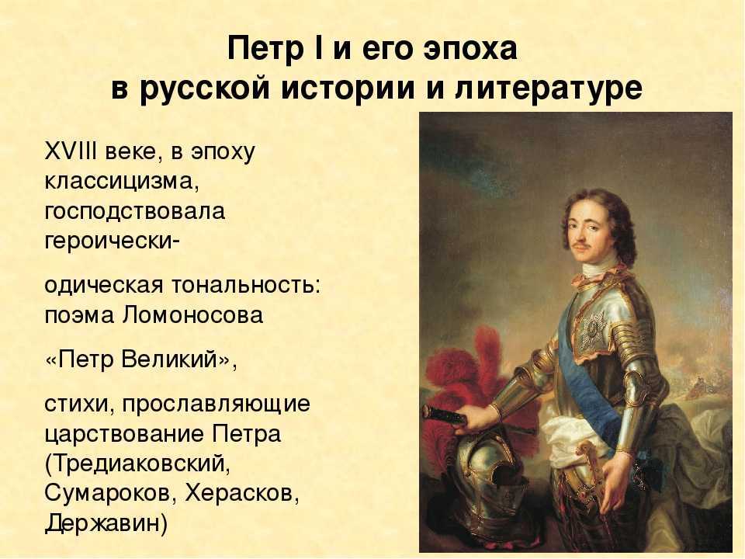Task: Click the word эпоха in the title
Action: [470, 48]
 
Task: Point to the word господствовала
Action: [134, 211]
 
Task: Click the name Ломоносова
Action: [193, 315]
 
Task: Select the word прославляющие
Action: [217, 404]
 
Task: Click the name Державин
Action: [106, 523]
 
